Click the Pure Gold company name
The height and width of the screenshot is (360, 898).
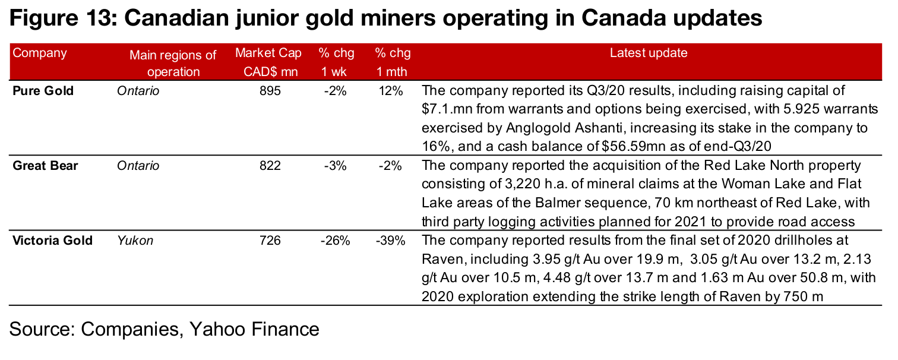tap(43, 91)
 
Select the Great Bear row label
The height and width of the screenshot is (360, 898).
tap(45, 166)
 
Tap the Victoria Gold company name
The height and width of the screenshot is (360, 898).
tap(53, 241)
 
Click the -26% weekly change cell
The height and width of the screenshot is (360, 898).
tap(335, 241)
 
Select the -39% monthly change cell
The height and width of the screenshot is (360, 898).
tap(391, 241)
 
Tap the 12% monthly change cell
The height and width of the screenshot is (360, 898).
tap(393, 91)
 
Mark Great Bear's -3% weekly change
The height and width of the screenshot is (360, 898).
tap(335, 166)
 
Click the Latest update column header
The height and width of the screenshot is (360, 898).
tap(649, 53)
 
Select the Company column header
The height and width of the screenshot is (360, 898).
tap(40, 53)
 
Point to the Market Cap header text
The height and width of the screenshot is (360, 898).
tap(268, 53)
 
